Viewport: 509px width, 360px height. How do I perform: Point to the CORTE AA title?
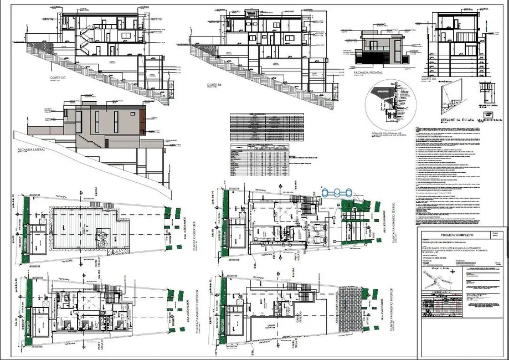[430, 78]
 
